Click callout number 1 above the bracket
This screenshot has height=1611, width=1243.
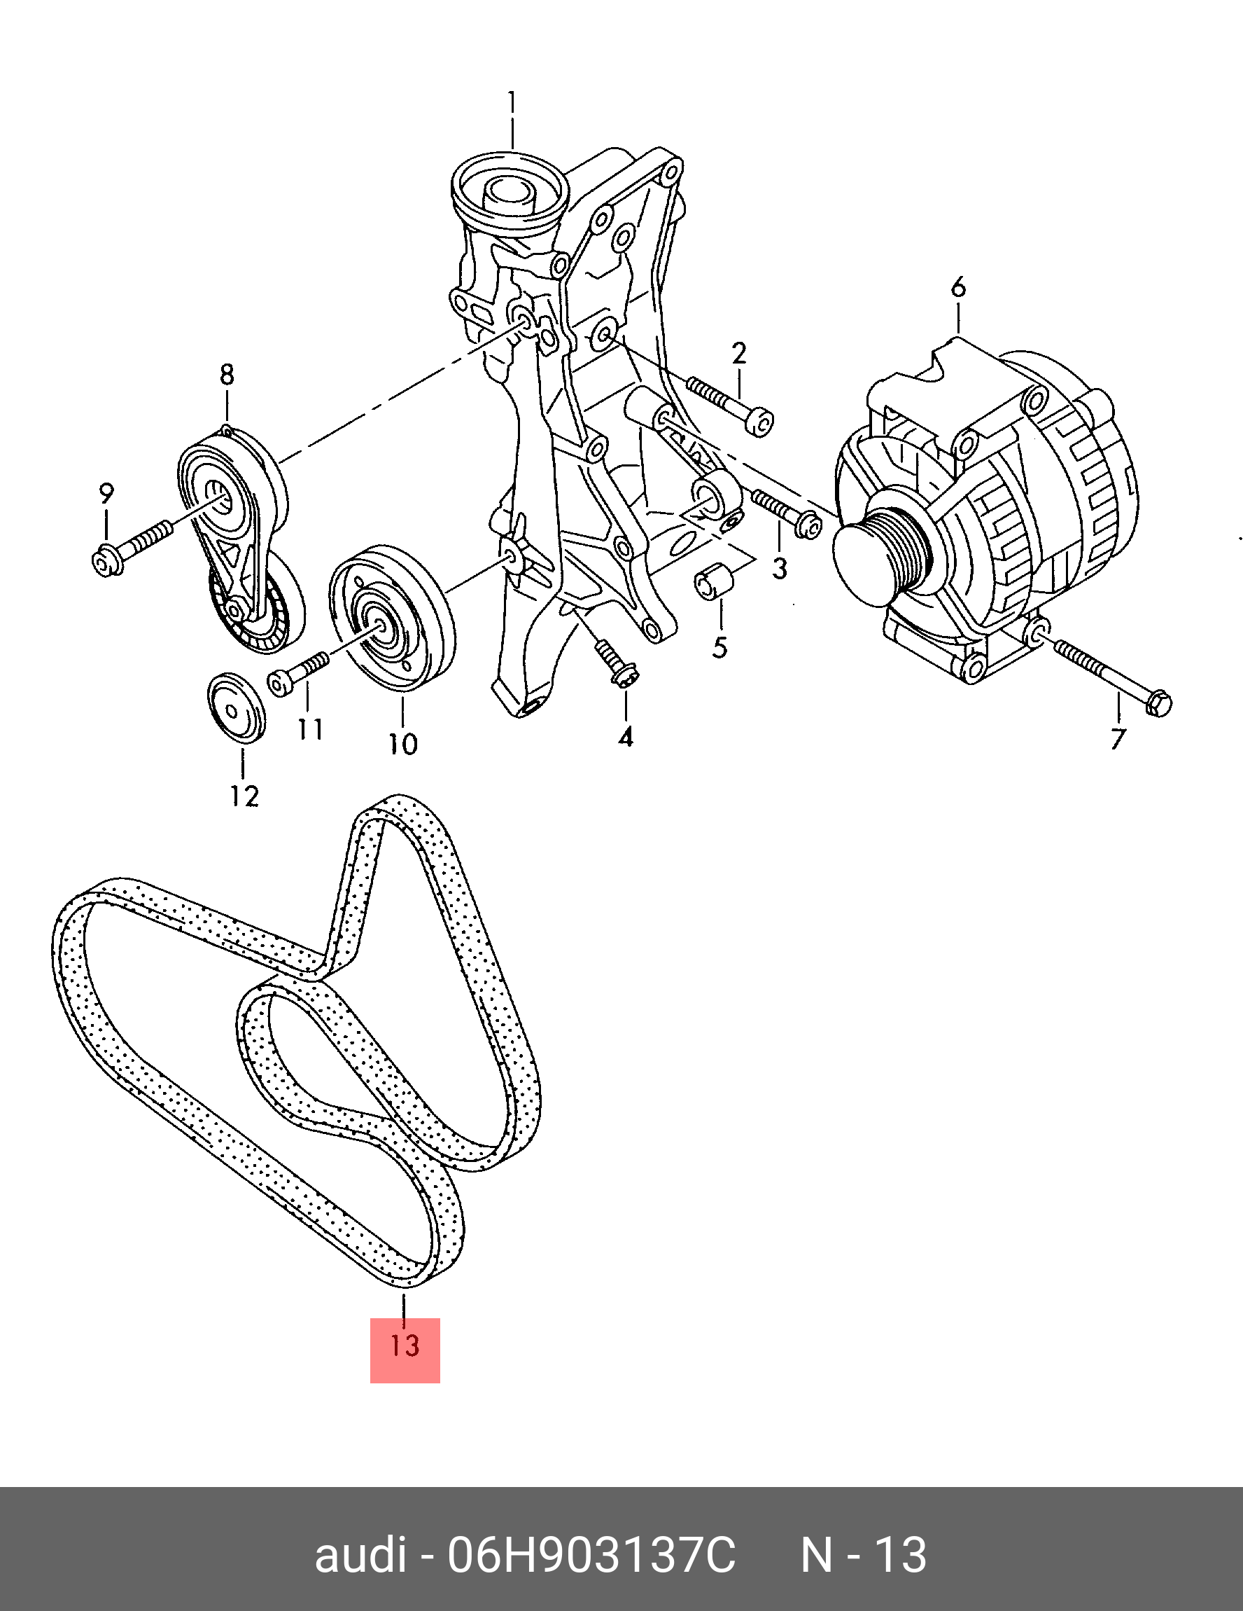click(512, 103)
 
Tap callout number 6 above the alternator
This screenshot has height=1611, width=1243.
click(958, 287)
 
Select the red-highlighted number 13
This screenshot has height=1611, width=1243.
click(405, 1346)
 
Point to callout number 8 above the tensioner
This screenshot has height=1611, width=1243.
click(227, 375)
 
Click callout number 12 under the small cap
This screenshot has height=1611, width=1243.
click(244, 796)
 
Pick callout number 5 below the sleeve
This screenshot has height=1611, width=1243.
click(720, 647)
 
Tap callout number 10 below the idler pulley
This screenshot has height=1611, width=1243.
click(403, 745)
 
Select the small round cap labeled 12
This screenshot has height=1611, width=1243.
click(235, 708)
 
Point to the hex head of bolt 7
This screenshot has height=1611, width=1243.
click(1159, 703)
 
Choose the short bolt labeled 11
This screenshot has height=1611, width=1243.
click(298, 672)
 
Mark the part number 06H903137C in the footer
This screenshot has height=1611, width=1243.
click(591, 1555)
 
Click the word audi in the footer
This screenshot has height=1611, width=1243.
click(360, 1555)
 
